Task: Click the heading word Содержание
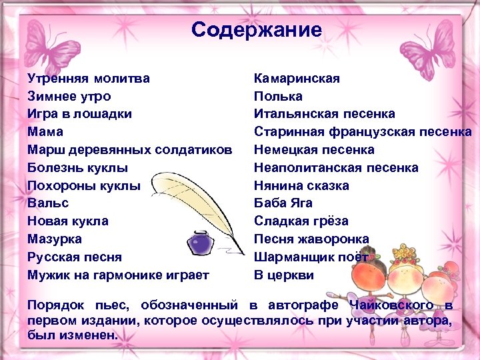256,30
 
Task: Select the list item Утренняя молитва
89,79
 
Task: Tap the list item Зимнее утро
69,96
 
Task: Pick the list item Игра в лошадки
79,114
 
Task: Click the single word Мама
45,131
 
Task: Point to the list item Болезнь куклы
77,167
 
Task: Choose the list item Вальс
48,203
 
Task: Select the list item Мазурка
55,239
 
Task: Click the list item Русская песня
75,257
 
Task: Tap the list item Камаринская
297,79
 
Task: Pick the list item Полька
278,96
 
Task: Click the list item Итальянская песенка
324,114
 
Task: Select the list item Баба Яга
283,203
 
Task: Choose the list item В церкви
283,275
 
